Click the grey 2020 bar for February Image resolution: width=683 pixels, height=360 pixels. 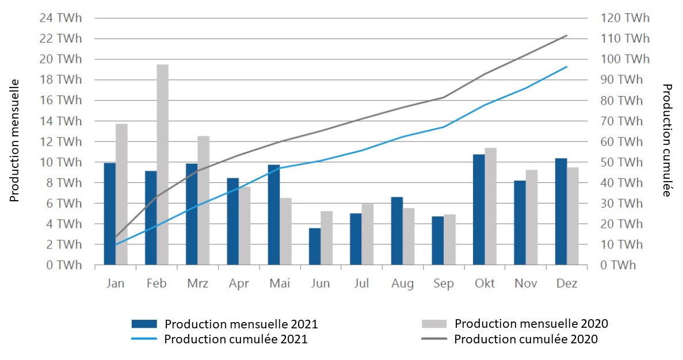pyautogui.click(x=162, y=164)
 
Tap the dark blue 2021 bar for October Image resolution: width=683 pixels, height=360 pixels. pyautogui.click(x=479, y=209)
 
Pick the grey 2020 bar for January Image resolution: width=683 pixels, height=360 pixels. pyautogui.click(x=121, y=194)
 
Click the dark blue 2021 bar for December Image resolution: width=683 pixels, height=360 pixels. pyautogui.click(x=561, y=212)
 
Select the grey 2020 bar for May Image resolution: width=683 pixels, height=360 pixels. pyautogui.click(x=285, y=231)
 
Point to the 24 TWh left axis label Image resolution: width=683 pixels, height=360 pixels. pyautogui.click(x=60, y=18)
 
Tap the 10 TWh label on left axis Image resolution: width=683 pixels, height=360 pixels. pyautogui.click(x=60, y=162)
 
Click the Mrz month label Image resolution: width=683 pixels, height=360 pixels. pyautogui.click(x=197, y=284)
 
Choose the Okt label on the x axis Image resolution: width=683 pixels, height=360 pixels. pyautogui.click(x=484, y=284)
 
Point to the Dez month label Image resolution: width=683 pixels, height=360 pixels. pyautogui.click(x=567, y=284)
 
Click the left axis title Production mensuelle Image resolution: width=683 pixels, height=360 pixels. pyautogui.click(x=15, y=141)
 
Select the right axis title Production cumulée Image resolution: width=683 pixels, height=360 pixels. pyautogui.click(x=667, y=141)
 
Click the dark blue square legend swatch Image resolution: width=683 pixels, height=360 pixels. pyautogui.click(x=144, y=324)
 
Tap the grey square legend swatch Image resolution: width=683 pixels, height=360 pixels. pyautogui.click(x=433, y=324)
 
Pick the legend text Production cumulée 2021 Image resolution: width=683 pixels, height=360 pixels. pyautogui.click(x=236, y=339)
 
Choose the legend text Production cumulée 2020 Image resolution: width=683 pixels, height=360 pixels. pyautogui.click(x=526, y=339)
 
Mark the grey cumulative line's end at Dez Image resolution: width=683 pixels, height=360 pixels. pyautogui.click(x=567, y=35)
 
